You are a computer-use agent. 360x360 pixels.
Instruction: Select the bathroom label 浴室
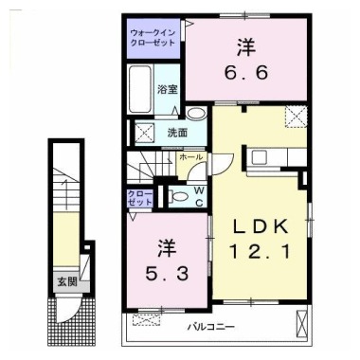coord(169,88)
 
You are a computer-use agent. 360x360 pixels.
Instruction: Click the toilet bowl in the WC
coord(180,197)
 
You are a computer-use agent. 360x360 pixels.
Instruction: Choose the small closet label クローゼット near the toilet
coord(140,197)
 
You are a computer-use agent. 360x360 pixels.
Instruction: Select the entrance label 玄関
coord(65,280)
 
